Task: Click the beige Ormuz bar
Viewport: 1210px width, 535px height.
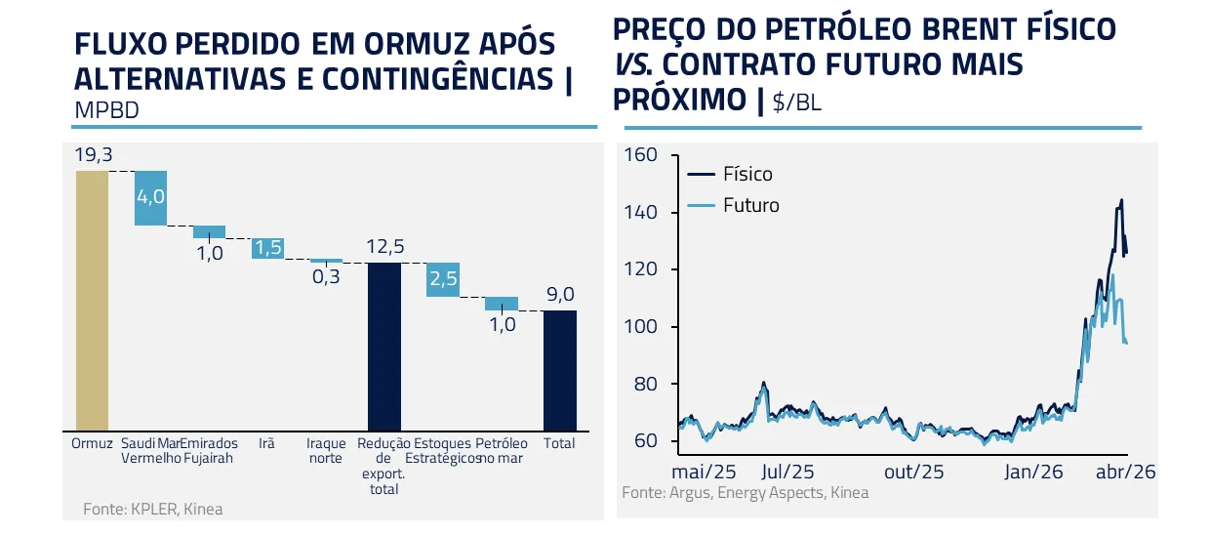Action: click(x=92, y=299)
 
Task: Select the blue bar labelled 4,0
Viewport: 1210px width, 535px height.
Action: click(x=150, y=197)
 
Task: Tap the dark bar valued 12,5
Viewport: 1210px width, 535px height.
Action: click(x=383, y=346)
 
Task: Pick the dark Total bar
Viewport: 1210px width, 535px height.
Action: click(x=559, y=369)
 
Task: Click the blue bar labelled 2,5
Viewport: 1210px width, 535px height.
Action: click(x=443, y=279)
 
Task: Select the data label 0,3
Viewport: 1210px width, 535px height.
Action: click(x=327, y=277)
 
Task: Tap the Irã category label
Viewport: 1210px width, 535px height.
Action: click(x=266, y=443)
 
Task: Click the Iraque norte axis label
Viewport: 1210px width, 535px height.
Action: click(x=326, y=450)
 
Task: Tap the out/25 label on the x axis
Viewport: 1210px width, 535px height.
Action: click(x=914, y=472)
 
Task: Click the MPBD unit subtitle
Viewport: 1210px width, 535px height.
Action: click(x=106, y=110)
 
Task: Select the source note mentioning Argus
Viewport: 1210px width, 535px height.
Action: click(x=745, y=493)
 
